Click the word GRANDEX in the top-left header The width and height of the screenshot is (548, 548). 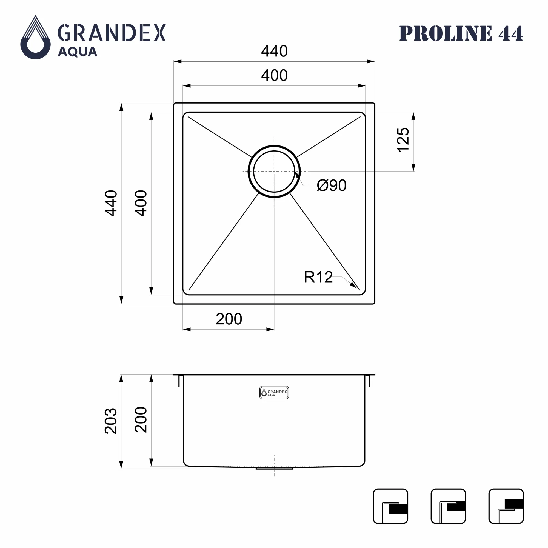pyautogui.click(x=112, y=33)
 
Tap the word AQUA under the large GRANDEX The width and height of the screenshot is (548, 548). pyautogui.click(x=78, y=52)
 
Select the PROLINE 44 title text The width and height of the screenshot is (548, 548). pyautogui.click(x=461, y=33)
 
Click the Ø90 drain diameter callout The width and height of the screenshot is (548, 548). pyautogui.click(x=332, y=185)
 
